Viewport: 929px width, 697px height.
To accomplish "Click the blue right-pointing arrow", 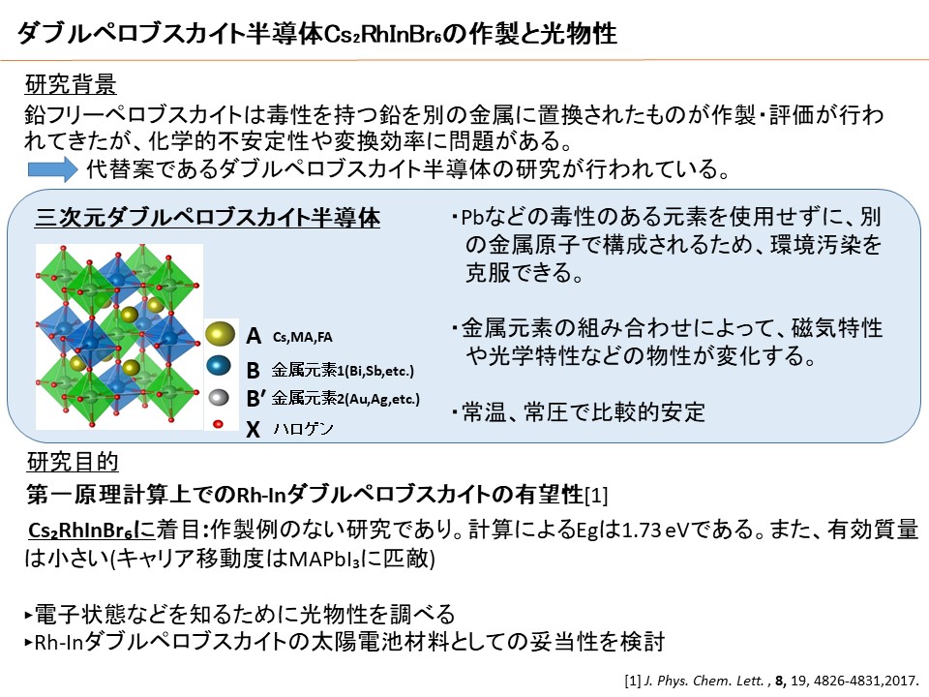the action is pos(52,168).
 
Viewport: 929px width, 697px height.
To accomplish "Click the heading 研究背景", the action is pos(71,85).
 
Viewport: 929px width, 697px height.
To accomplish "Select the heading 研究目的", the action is pos(73,462).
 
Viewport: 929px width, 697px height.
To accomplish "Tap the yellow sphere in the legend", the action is pos(220,334).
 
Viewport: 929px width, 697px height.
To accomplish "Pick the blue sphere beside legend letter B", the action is pos(219,365).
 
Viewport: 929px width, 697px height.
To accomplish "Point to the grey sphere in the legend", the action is pos(219,397).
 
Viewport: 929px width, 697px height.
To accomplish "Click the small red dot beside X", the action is pos(218,424).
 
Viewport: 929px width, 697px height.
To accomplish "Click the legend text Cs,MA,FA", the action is pos(302,337).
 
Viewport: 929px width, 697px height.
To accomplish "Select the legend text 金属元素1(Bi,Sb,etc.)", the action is pos(343,371).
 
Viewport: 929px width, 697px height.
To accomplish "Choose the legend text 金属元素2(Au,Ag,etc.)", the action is pos(345,399).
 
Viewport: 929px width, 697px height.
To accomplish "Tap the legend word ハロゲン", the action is pos(303,428).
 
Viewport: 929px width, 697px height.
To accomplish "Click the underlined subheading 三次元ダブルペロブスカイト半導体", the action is pos(207,218).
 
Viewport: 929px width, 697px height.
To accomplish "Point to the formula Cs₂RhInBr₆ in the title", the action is pos(383,35).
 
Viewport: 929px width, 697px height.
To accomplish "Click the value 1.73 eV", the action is pos(656,530).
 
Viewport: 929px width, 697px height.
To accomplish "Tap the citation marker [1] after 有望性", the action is pos(596,496).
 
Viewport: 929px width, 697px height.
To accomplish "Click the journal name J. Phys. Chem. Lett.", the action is pos(704,681).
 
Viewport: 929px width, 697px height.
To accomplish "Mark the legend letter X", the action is pos(253,429).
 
